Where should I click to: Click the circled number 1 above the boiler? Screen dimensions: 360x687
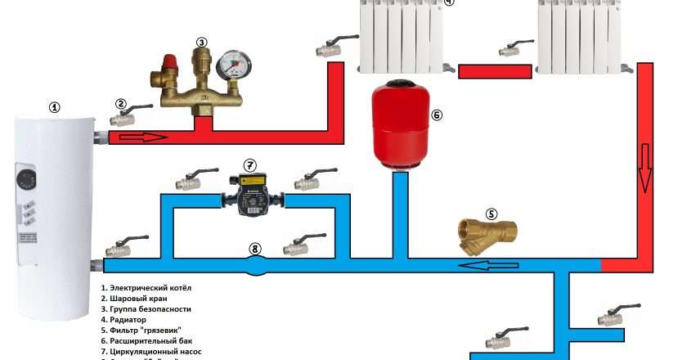[x=55, y=107]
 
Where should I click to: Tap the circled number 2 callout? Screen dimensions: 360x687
[x=121, y=104]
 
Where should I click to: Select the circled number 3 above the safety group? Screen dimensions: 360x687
[x=202, y=43]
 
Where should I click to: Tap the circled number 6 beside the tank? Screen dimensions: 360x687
[x=436, y=115]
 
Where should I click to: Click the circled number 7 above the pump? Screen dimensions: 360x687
[x=250, y=165]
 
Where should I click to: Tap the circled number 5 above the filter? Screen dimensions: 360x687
[x=492, y=214]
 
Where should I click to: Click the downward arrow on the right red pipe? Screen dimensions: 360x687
[x=645, y=167]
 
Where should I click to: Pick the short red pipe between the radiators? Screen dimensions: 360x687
[x=483, y=71]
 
